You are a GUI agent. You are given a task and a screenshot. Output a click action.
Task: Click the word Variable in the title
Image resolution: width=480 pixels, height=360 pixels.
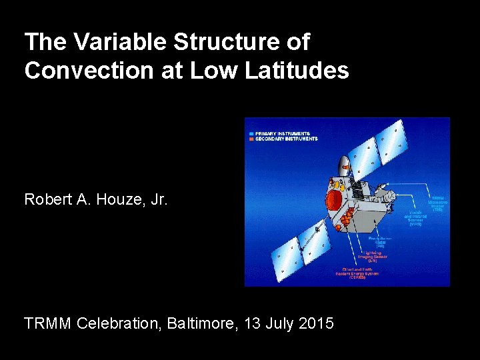[122, 43]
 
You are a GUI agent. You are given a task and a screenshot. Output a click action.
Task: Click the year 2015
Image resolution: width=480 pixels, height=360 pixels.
[316, 324]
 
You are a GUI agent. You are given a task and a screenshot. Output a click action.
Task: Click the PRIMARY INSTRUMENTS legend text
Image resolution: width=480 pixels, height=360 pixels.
[283, 133]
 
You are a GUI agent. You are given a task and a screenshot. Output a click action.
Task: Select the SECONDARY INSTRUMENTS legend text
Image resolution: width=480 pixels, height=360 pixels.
[287, 139]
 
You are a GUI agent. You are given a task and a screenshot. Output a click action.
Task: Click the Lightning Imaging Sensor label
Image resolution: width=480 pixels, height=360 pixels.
[372, 257]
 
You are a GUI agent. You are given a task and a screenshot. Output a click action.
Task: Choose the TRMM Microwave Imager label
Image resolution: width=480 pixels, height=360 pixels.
[438, 201]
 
